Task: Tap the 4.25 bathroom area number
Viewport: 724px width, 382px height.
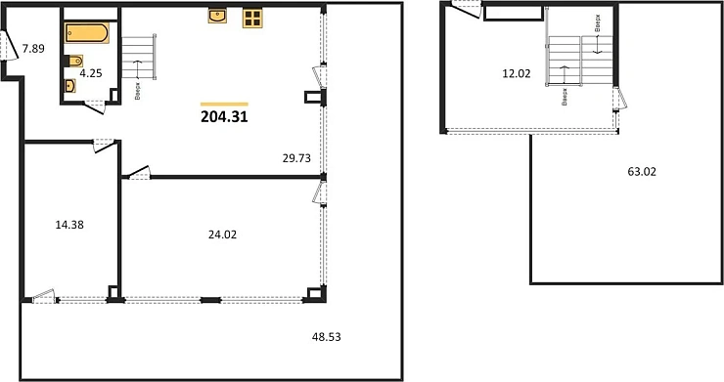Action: tap(91, 71)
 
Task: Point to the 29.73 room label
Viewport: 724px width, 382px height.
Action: tap(296, 155)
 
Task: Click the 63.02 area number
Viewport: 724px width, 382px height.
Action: tap(641, 172)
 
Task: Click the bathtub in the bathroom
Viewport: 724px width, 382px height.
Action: tap(87, 33)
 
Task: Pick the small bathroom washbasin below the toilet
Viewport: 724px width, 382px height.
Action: tap(69, 85)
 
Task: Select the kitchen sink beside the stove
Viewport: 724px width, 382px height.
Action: tap(218, 16)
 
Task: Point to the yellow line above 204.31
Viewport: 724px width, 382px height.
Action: tap(224, 103)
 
